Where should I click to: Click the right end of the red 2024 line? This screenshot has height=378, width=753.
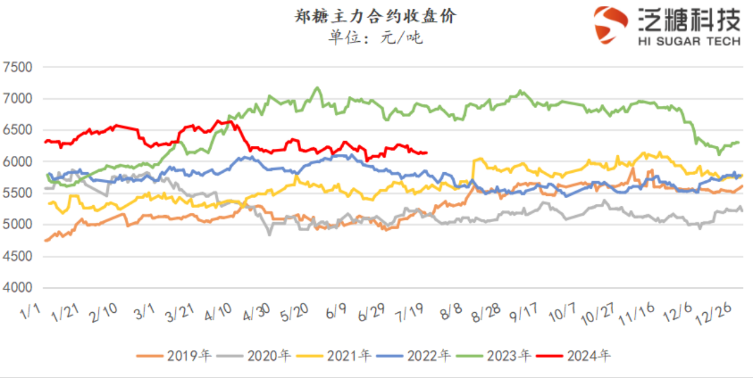click(x=427, y=152)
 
